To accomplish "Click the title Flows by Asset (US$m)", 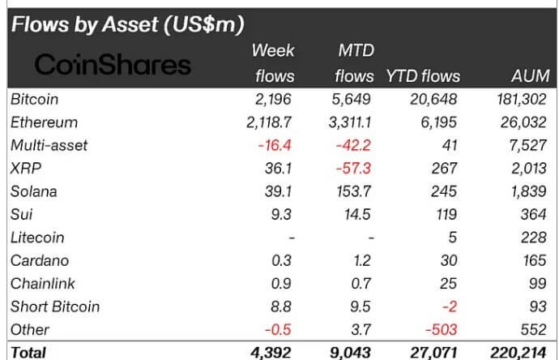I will pyautogui.click(x=127, y=24).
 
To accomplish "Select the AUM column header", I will pyautogui.click(x=531, y=76).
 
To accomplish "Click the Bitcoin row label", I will pyautogui.click(x=35, y=99).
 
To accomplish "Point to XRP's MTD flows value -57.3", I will pyautogui.click(x=356, y=169).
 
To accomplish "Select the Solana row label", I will pyautogui.click(x=35, y=191).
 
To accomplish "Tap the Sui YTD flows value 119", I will pyautogui.click(x=447, y=215).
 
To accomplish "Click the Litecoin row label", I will pyautogui.click(x=38, y=238).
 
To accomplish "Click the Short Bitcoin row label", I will pyautogui.click(x=54, y=306).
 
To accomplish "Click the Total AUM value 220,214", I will pyautogui.click(x=521, y=352).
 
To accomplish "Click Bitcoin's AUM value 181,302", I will pyautogui.click(x=521, y=99).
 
